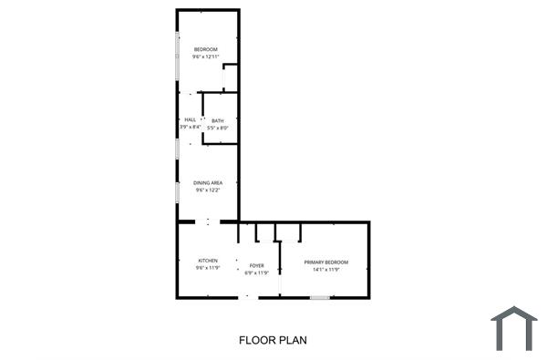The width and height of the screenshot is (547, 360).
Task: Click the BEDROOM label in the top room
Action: [x=204, y=48]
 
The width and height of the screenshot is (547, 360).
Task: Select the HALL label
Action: [x=190, y=120]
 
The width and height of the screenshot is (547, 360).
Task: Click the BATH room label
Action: [x=217, y=120]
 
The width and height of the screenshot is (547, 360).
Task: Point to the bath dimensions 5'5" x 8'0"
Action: [x=217, y=129]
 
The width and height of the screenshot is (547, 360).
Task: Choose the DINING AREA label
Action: [x=208, y=182]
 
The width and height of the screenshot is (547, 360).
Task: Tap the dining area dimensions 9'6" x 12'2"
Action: [x=208, y=190]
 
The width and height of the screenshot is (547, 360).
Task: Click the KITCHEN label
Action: [x=208, y=261]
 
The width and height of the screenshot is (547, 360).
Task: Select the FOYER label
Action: [x=257, y=265]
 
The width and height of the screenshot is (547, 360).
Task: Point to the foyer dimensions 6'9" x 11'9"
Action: [x=257, y=273]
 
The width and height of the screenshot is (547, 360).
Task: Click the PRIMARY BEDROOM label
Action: [x=325, y=262]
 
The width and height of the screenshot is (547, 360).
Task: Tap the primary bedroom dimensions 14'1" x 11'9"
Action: [x=325, y=270]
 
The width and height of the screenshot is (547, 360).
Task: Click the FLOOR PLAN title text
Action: [x=273, y=341]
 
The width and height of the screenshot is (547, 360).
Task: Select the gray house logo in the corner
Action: [x=513, y=328]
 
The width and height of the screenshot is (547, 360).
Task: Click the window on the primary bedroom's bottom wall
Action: [x=319, y=297]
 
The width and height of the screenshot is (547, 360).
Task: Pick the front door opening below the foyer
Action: [x=245, y=297]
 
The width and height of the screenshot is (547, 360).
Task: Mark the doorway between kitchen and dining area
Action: [x=208, y=221]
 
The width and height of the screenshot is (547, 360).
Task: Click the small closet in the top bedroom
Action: [x=231, y=77]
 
